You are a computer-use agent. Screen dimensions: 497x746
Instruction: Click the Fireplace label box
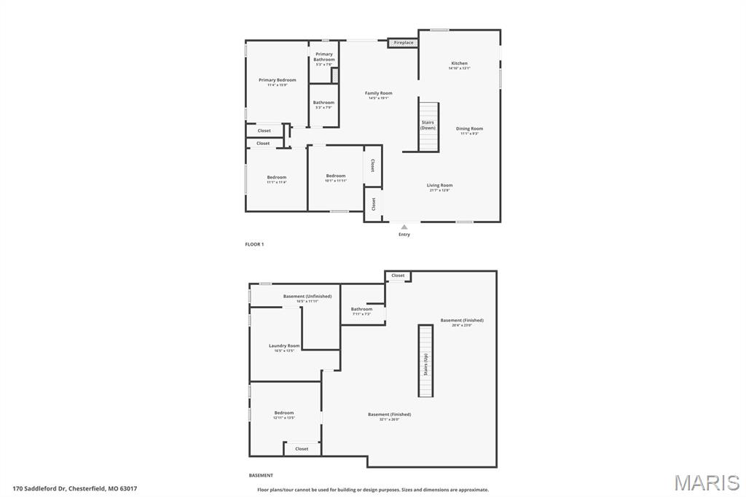coord(403,43)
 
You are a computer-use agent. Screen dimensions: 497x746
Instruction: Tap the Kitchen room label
coord(459,63)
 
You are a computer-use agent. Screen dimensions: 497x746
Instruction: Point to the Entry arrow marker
coord(404,227)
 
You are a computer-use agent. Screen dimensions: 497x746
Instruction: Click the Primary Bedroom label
coord(277,80)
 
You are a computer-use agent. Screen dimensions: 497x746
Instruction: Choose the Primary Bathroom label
coord(324,56)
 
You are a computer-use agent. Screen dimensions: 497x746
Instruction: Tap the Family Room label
coord(378,93)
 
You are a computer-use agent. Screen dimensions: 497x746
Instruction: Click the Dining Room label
coord(469,129)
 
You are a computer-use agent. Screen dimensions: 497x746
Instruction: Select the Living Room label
coord(439,185)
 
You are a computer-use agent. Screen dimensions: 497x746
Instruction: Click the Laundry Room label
coord(284,345)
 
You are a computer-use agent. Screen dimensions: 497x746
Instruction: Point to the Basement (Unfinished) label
coord(307,296)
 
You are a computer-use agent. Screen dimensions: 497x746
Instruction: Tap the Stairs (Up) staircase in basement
coord(425,361)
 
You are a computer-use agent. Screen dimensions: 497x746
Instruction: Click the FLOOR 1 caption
coord(254,244)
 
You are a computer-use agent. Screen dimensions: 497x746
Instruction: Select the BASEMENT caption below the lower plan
coord(261,475)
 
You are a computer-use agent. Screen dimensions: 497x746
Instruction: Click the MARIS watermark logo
coord(706,482)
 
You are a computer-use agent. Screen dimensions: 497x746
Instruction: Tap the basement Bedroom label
coord(284,412)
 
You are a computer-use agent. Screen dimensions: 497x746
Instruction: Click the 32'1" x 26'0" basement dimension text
coord(389,419)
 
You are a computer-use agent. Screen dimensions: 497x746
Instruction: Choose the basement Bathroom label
coord(361,309)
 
